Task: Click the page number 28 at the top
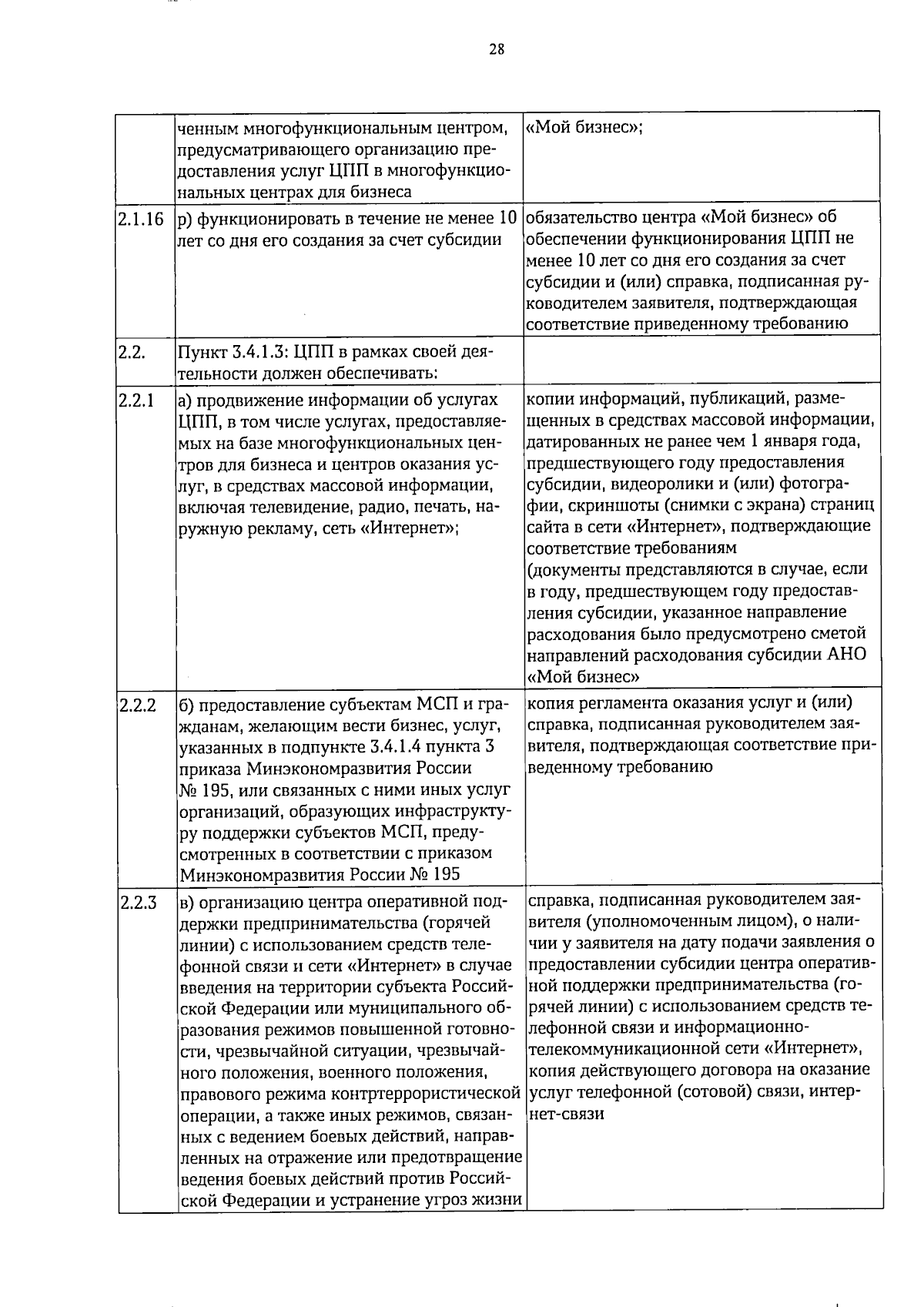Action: (x=497, y=50)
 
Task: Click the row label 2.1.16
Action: (x=141, y=219)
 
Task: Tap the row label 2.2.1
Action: (x=136, y=400)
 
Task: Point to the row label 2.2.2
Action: (x=138, y=705)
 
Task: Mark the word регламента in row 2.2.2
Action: (x=614, y=703)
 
